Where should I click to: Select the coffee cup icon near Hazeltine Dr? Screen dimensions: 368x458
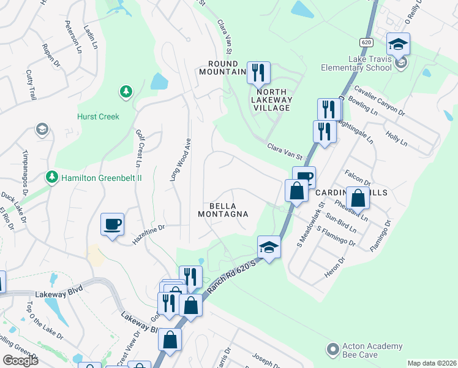coord(112,224)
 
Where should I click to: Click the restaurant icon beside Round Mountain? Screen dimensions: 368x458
coord(258,73)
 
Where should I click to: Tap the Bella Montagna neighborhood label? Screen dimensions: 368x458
coord(223,210)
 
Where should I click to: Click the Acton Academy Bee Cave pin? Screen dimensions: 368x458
coord(333,349)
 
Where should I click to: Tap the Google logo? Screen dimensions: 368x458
coord(20,361)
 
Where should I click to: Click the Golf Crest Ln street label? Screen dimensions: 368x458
coord(138,148)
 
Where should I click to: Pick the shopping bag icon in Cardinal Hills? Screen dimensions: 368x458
coord(358,199)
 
